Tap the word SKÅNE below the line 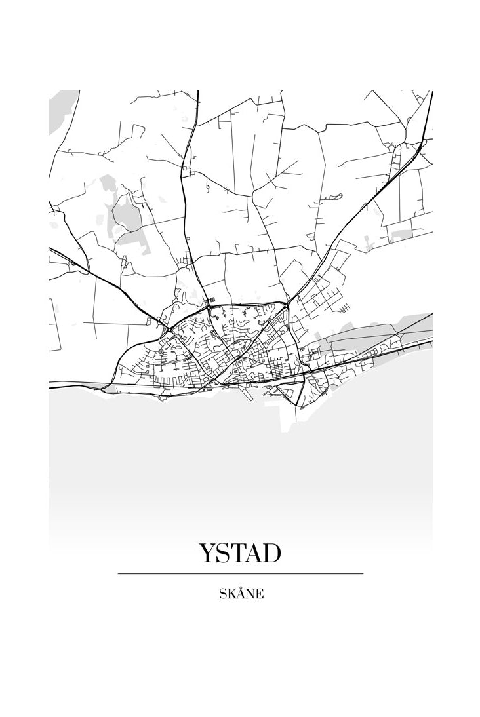[241, 594]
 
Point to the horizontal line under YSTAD [240, 573]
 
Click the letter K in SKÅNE [231, 594]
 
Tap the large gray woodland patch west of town [128, 216]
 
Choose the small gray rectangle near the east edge [400, 231]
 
